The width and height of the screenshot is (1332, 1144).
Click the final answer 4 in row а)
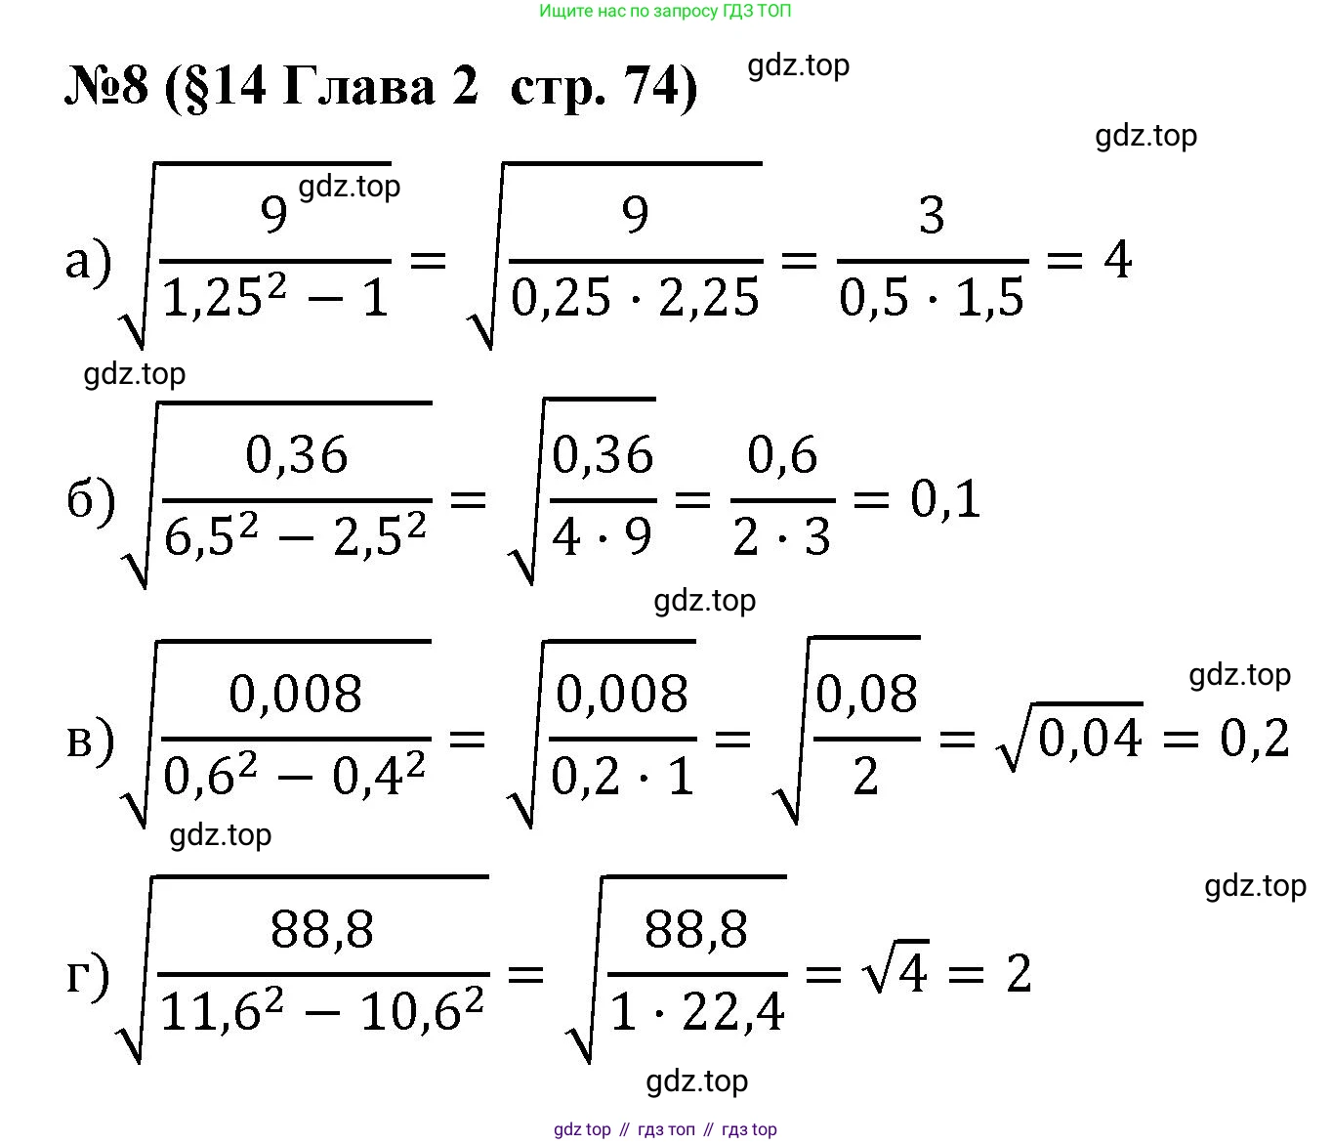1117,260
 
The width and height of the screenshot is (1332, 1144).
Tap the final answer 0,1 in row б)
945,500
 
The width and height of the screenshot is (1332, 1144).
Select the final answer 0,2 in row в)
1255,739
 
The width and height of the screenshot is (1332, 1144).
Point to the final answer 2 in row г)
1019,974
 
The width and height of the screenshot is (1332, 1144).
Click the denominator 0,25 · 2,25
635,298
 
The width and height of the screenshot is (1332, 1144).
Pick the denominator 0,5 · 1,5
932,298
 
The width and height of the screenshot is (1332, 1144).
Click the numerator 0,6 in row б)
782,454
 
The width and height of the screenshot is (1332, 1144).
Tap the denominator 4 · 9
602,537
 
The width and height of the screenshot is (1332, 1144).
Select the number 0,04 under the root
1090,739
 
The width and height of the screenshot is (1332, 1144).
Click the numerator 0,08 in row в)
866,695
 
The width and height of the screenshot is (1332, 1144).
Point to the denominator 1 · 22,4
696,1012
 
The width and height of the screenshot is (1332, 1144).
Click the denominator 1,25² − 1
275,297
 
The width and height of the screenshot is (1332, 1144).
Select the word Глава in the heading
358,87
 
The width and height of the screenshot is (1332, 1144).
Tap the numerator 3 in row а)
932,215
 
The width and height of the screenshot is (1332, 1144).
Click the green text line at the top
665,11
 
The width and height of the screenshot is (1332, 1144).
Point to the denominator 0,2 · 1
622,776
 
